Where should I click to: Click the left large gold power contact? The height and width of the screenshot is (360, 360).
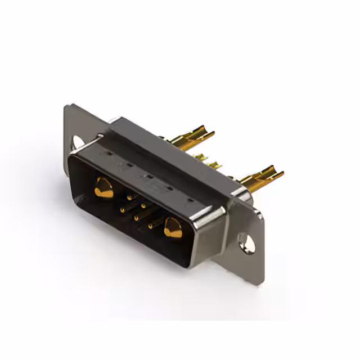point(103,187)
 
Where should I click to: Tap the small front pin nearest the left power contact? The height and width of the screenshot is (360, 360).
point(130,197)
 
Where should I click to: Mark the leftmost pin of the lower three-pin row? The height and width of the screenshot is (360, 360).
point(121,210)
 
